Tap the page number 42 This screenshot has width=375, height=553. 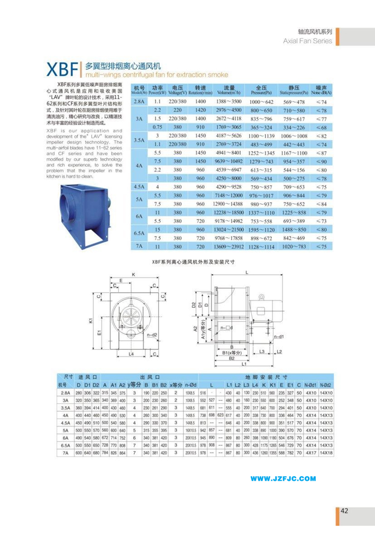344,511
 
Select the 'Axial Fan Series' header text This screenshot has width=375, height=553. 308,40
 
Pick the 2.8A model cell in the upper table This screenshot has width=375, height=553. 140,101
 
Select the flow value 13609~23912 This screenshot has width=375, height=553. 229,247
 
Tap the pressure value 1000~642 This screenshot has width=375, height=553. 261,101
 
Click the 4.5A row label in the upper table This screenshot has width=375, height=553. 140,187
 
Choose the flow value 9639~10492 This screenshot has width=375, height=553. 229,161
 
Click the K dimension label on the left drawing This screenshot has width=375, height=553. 133,274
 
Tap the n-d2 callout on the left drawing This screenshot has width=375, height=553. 152,335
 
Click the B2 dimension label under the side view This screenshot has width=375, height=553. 231,358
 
